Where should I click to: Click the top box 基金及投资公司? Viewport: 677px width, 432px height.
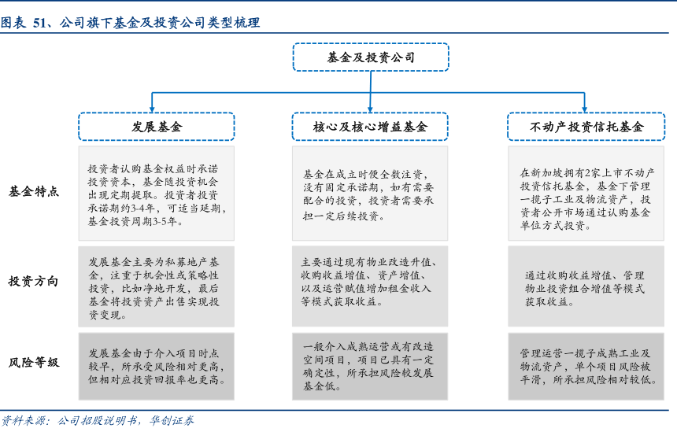coord(371,57)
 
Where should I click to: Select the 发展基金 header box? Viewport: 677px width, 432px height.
coord(157,127)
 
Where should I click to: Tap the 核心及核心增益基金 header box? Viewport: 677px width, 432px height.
coord(370,127)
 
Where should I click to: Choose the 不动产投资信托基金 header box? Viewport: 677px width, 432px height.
coord(586,127)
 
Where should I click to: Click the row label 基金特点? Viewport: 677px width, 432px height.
coord(34,191)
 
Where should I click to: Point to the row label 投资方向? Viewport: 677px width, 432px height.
coord(33,282)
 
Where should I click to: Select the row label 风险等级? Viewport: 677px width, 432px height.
coord(34,363)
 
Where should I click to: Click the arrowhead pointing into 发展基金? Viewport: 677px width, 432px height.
coord(152,109)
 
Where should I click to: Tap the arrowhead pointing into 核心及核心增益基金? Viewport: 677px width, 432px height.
coord(370,109)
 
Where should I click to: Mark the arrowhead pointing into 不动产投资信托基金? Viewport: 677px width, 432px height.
coord(585,109)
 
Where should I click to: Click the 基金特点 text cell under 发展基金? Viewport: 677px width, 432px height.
coord(157,194)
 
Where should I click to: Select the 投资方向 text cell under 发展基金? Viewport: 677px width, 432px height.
coord(157,286)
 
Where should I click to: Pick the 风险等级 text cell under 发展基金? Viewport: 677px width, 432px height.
coord(157,367)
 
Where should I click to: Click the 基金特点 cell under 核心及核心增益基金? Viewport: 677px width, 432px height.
coord(370,194)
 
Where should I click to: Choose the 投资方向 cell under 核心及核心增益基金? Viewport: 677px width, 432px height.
coord(370,286)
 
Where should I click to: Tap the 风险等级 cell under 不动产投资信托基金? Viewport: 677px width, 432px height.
coord(586,367)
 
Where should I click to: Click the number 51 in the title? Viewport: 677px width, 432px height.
coord(39,23)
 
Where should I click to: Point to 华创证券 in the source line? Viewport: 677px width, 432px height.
coord(172,420)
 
